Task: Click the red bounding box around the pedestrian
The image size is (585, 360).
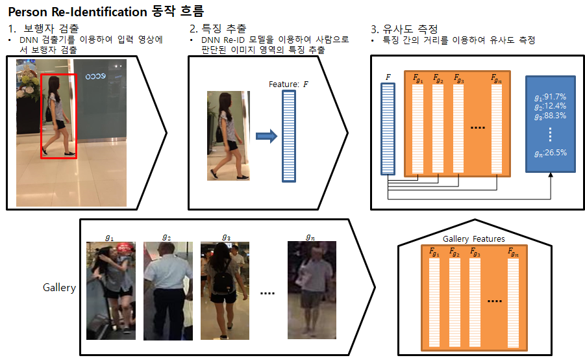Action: click(59, 116)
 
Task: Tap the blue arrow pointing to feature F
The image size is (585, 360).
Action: click(266, 136)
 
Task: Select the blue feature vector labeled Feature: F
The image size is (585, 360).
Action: click(289, 136)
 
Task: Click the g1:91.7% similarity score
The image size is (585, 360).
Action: click(551, 97)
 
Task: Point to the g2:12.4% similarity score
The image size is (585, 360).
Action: click(551, 107)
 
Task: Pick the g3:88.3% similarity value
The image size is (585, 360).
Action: click(551, 116)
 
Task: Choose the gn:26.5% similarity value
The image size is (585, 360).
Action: click(551, 153)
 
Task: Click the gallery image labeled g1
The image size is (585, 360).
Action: click(111, 290)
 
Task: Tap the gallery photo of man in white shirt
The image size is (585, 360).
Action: click(168, 290)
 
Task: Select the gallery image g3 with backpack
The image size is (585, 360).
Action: click(225, 290)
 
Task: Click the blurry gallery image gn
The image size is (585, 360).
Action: click(312, 290)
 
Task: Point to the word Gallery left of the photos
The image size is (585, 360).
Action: click(59, 288)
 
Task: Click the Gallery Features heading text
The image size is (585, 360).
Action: click(474, 238)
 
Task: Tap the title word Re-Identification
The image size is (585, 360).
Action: click(99, 12)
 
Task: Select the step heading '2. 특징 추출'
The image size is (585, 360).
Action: click(218, 29)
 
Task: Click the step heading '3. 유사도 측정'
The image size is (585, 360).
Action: click(404, 29)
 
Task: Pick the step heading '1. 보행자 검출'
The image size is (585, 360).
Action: click(44, 29)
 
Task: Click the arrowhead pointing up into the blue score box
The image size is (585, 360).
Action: click(551, 175)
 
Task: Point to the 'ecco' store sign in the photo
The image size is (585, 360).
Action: click(95, 76)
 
